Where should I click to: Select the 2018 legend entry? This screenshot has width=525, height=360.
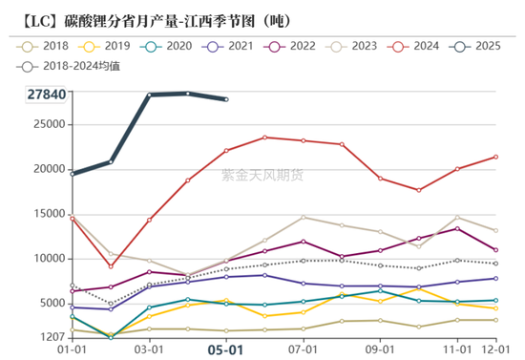click(x=44, y=45)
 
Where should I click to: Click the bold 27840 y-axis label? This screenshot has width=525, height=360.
click(x=46, y=95)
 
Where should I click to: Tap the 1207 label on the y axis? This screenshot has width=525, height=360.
click(x=52, y=337)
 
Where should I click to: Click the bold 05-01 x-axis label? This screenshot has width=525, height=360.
click(x=226, y=349)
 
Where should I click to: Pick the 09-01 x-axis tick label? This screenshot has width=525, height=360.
click(x=381, y=349)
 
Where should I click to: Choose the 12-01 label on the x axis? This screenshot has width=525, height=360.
click(x=495, y=349)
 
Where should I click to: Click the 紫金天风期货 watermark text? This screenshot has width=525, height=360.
click(x=262, y=175)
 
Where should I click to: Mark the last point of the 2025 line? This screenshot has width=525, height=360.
click(x=226, y=98)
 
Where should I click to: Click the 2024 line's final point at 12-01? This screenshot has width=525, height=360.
click(x=495, y=157)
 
